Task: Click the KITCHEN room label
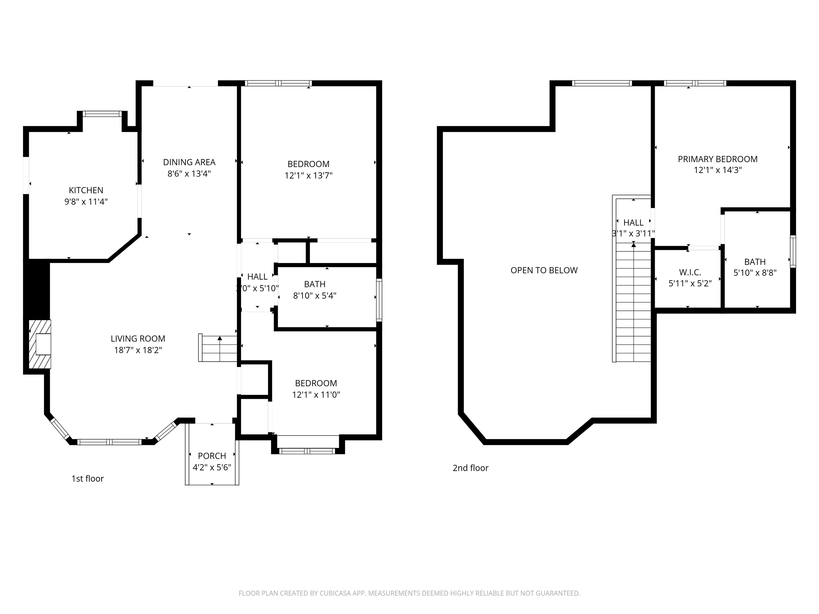(86, 190)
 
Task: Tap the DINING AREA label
(189, 162)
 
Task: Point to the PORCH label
(212, 456)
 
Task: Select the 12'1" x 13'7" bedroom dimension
(308, 175)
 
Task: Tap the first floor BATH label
(315, 284)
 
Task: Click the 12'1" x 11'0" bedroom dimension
(316, 394)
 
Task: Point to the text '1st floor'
(87, 479)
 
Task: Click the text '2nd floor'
(470, 468)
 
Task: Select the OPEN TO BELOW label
(544, 270)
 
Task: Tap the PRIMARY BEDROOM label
(717, 159)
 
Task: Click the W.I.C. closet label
(690, 272)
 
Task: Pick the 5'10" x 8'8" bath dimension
(755, 273)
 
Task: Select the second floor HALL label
(633, 223)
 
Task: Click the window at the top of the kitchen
(102, 114)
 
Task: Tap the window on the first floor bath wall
(379, 300)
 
